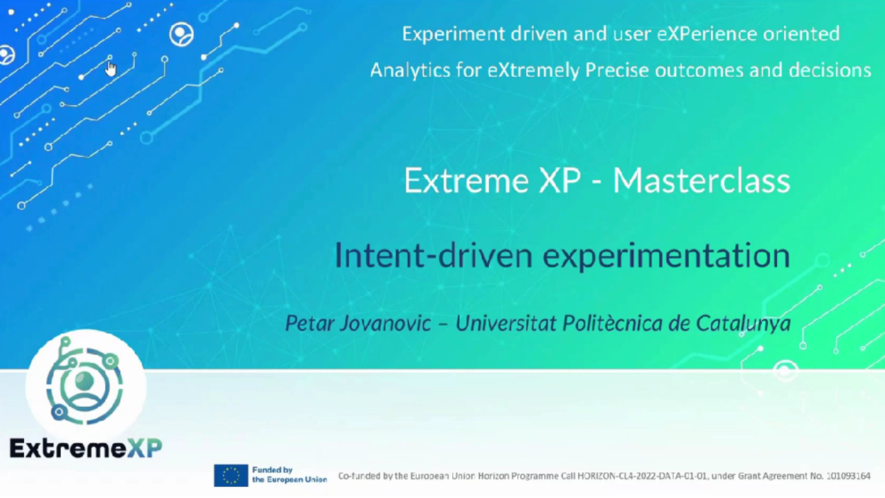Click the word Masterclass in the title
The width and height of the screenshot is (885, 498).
click(x=701, y=181)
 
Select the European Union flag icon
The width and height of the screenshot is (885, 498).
click(x=231, y=475)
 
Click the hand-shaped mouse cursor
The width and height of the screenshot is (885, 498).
click(x=111, y=68)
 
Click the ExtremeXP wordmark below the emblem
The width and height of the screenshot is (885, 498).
click(x=85, y=448)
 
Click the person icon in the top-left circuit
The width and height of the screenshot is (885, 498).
click(x=182, y=35)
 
